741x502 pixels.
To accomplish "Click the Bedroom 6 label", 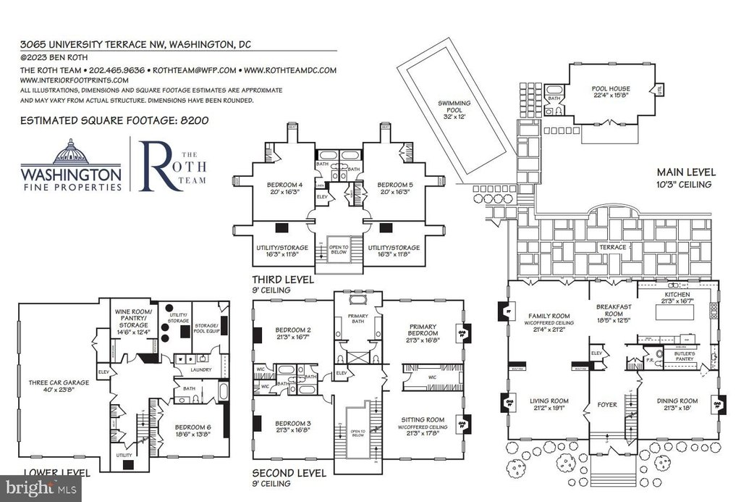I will tap(190, 432).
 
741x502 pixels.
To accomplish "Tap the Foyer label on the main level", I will tap(607, 405).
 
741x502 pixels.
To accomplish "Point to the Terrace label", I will tap(609, 248).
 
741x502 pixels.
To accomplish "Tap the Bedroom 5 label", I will tap(393, 188).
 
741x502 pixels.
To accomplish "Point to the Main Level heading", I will tap(686, 172).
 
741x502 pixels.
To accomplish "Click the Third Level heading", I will tap(283, 279).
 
